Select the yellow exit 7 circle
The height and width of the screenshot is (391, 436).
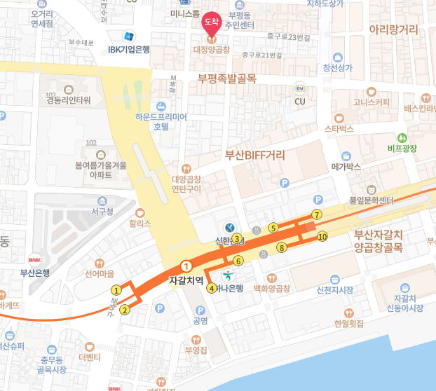(317, 214)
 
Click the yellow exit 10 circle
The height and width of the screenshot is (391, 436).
(322, 237)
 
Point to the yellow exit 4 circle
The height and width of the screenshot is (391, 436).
(212, 288)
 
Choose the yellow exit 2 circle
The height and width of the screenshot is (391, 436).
(125, 310)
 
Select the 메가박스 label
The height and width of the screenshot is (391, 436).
(346, 167)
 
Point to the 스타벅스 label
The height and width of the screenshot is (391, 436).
(340, 129)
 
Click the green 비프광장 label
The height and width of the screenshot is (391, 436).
(402, 149)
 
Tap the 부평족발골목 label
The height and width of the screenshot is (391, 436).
(227, 79)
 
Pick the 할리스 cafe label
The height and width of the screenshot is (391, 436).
(140, 225)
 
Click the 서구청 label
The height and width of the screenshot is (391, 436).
(102, 210)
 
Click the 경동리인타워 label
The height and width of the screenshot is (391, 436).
(69, 100)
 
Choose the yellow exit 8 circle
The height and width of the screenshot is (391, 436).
(282, 247)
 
